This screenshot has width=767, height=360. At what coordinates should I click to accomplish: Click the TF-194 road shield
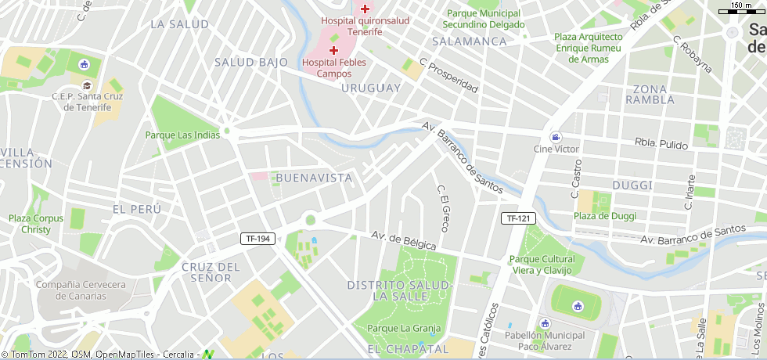259,239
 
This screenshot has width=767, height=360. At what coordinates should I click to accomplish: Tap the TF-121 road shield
518,218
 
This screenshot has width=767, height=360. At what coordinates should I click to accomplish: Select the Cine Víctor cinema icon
555,137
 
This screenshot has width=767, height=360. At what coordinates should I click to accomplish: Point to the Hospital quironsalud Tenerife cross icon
365,9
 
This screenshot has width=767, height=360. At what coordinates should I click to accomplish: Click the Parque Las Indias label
182,135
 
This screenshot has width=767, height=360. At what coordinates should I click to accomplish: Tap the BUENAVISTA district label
314,178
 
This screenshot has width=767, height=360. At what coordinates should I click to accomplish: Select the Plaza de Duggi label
605,216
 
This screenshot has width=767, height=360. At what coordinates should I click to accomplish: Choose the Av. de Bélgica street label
403,240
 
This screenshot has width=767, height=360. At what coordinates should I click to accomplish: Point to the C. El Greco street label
443,208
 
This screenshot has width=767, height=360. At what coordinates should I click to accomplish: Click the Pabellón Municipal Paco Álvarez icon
546,323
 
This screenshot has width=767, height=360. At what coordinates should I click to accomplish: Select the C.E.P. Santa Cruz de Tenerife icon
86,85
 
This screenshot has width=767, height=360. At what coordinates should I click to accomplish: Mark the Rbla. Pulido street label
661,145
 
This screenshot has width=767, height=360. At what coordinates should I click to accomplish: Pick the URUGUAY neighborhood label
371,88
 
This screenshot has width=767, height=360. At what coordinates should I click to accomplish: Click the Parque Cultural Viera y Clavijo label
542,265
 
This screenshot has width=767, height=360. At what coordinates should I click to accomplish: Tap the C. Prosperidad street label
448,75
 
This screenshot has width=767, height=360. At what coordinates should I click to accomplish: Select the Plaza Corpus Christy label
35,224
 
